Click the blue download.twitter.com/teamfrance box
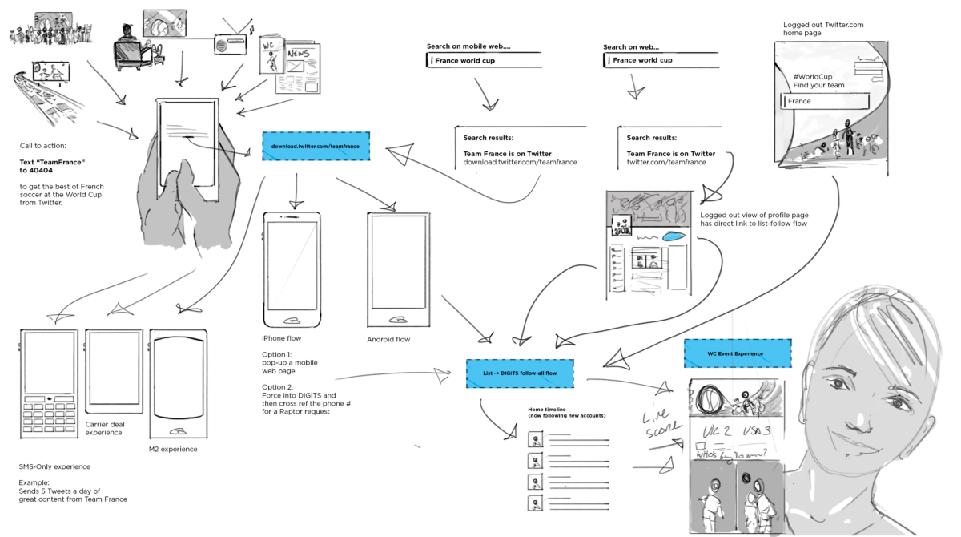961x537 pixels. click(316, 147)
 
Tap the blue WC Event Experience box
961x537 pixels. click(737, 353)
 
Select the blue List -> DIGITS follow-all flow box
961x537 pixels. click(520, 373)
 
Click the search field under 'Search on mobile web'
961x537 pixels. click(485, 60)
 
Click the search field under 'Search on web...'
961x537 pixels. click(661, 60)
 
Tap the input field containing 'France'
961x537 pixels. click(825, 101)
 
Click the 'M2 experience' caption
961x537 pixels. click(173, 449)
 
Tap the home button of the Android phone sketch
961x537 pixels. click(397, 319)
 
